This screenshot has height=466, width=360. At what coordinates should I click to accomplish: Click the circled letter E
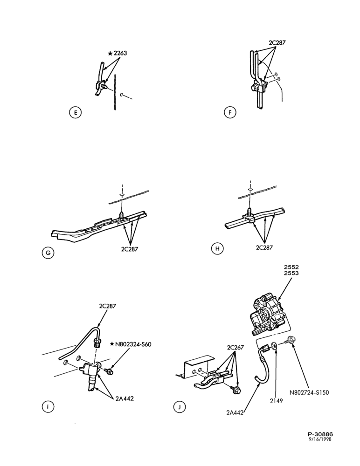tap(75, 113)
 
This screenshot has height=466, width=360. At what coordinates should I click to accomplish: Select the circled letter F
tap(230, 113)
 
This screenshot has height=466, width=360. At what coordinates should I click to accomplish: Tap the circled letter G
tap(48, 253)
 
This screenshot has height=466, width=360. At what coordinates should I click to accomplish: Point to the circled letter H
tap(217, 248)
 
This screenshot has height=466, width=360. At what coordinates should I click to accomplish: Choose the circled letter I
tap(48, 406)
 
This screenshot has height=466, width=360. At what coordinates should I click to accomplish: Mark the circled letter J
tap(179, 407)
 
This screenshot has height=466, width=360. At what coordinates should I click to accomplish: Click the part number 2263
tap(120, 53)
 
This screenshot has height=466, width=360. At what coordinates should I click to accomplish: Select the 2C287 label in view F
tap(277, 42)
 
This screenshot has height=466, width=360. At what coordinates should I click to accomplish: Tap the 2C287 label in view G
tap(130, 249)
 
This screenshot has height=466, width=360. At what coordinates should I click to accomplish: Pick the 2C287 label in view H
tap(264, 247)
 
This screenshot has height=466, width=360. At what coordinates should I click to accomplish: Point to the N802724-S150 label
tap(310, 392)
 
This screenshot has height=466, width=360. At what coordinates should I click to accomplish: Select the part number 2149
tap(277, 401)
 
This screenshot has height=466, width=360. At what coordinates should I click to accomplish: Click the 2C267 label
tap(235, 348)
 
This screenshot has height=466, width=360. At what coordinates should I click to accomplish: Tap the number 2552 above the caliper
tap(291, 267)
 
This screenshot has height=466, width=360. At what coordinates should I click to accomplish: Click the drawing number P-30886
tap(320, 434)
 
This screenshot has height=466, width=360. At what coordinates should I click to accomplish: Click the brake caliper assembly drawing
tap(269, 315)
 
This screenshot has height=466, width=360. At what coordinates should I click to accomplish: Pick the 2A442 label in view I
tap(125, 398)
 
